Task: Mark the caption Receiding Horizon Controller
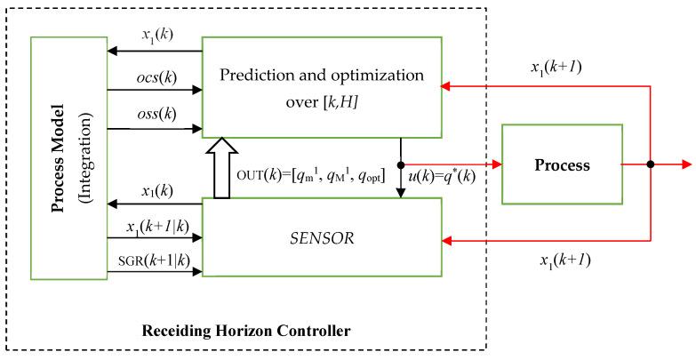click(x=246, y=332)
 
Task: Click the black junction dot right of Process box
click(x=651, y=165)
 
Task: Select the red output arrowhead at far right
click(x=685, y=165)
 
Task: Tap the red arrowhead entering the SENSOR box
click(x=448, y=238)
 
